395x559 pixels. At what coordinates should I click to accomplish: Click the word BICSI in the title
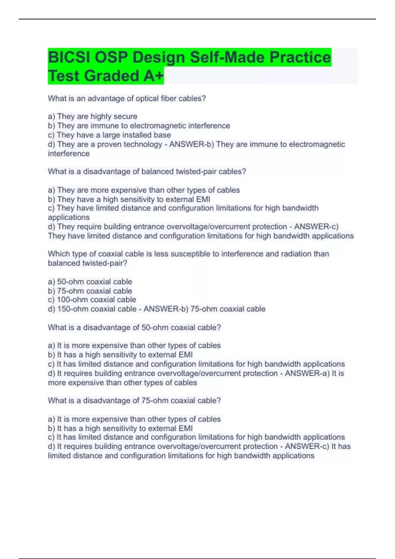coord(69,58)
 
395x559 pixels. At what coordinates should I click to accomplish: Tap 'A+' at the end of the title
coord(153,76)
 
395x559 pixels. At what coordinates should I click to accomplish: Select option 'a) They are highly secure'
coord(92,116)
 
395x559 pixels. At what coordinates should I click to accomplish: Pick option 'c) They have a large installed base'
coord(109,135)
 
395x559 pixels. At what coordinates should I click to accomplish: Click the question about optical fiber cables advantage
coord(127,98)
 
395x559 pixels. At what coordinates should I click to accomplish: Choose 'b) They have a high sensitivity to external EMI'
coord(129,199)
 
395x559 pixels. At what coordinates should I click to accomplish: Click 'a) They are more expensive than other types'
coord(144,190)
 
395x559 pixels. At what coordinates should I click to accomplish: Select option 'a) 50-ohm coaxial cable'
coord(90,281)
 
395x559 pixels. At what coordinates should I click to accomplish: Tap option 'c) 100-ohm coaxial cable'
coord(92,300)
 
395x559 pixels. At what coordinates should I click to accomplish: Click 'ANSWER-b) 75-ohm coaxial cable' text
coord(204,309)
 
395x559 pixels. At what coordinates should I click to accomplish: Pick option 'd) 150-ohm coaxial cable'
coord(92,309)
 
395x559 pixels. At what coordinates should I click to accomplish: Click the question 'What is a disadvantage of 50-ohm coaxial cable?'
coord(134,327)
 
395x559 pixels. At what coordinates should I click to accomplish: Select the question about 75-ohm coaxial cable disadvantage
coord(134,401)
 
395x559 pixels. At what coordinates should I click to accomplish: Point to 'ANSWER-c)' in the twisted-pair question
coord(316,227)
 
